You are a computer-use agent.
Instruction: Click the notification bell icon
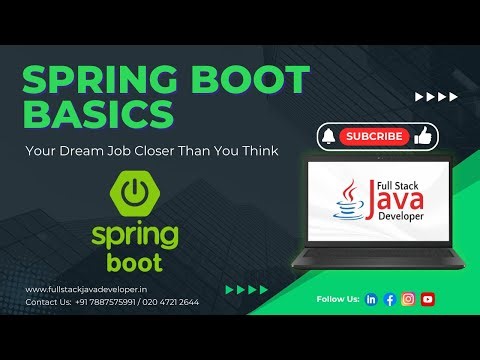pyautogui.click(x=328, y=136)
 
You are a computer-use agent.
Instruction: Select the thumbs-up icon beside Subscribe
pyautogui.click(x=422, y=135)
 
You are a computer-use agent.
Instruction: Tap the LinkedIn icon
pyautogui.click(x=372, y=299)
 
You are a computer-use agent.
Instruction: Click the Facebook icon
pyautogui.click(x=390, y=299)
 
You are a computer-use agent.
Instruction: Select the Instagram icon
pyautogui.click(x=408, y=299)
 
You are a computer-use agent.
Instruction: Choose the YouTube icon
pyautogui.click(x=427, y=299)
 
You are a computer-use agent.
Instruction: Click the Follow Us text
pyautogui.click(x=336, y=299)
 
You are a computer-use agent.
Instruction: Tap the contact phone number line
pyautogui.click(x=112, y=301)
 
